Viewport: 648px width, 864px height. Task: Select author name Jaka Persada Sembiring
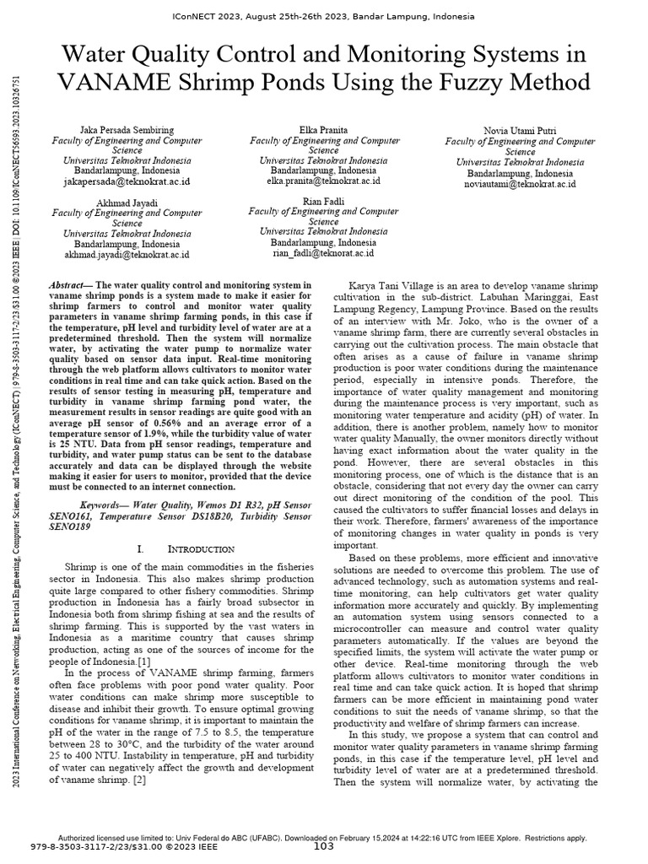(127, 131)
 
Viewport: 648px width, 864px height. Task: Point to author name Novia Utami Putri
(520, 131)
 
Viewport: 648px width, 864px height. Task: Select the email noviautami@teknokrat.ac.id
(520, 183)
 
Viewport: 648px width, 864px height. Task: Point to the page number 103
(324, 846)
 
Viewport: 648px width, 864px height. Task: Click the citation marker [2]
(139, 780)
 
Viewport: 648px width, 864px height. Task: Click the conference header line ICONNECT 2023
(324, 16)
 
